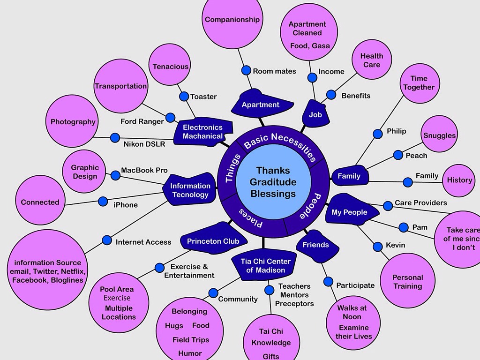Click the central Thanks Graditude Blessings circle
(x=273, y=182)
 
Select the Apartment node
(x=261, y=105)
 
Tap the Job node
(x=315, y=114)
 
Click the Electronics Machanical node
(x=202, y=132)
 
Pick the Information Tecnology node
(x=190, y=190)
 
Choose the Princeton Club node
(x=213, y=241)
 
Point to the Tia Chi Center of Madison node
(x=265, y=266)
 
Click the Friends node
(x=315, y=245)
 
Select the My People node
(x=349, y=212)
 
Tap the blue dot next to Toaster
(x=184, y=96)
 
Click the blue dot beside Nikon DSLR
(x=115, y=138)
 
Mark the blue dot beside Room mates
(x=246, y=70)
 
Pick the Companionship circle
(x=232, y=20)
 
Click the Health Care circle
(x=372, y=60)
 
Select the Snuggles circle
(x=439, y=135)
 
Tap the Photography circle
(x=73, y=122)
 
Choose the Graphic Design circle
(x=85, y=172)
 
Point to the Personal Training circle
(x=407, y=281)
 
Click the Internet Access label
(x=143, y=242)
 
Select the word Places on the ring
(x=251, y=218)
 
